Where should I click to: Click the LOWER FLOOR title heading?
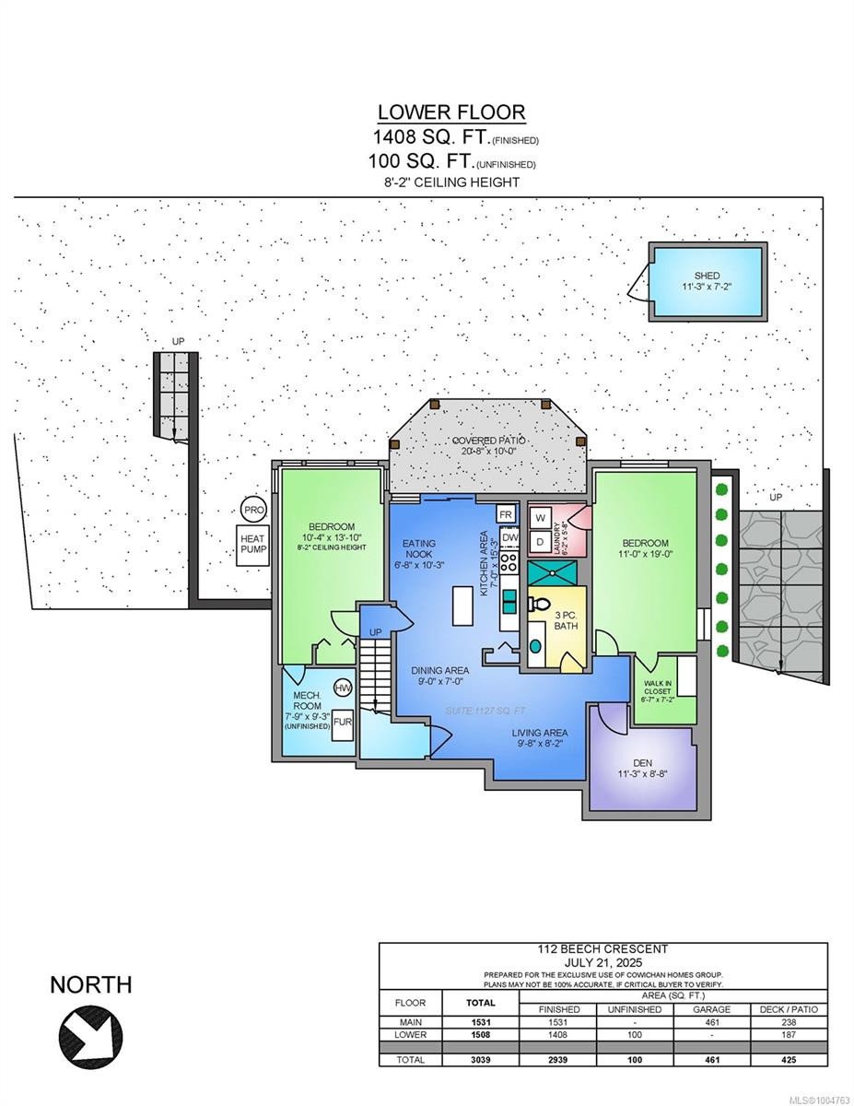pyautogui.click(x=450, y=112)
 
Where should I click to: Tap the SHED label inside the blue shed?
pyautogui.click(x=708, y=276)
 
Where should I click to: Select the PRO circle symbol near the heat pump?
pyautogui.click(x=252, y=508)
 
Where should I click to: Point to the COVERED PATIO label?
pyautogui.click(x=489, y=441)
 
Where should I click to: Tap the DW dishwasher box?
pyautogui.click(x=509, y=536)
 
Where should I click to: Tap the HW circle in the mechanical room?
pyautogui.click(x=343, y=688)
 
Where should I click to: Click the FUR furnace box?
pyautogui.click(x=342, y=722)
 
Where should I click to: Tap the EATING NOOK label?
pyautogui.click(x=418, y=550)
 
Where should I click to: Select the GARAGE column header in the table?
pyautogui.click(x=710, y=1009)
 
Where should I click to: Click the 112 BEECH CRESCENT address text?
pyautogui.click(x=602, y=948)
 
